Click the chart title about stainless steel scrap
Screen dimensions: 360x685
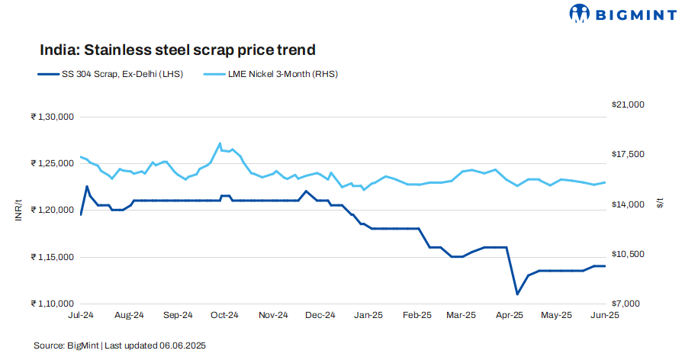[x=178, y=50]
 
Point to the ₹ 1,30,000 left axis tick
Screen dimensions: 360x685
[x=51, y=117]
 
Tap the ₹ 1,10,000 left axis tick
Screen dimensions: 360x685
[x=51, y=304]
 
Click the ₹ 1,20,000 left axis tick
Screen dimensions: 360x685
[x=51, y=210]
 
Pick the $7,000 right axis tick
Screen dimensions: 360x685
[x=631, y=304]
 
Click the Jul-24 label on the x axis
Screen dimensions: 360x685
[x=81, y=315]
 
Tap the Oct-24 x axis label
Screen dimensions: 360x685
[x=225, y=315]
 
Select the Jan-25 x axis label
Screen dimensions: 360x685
[x=369, y=315]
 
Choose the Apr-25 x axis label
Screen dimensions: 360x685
[x=510, y=315]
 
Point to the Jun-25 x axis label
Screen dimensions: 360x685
[x=605, y=315]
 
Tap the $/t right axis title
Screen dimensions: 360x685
[x=661, y=204]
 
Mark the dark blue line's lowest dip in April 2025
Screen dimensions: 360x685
[x=517, y=294]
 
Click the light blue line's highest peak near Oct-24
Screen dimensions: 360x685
[x=220, y=143]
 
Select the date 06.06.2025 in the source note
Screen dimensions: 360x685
[x=183, y=346]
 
